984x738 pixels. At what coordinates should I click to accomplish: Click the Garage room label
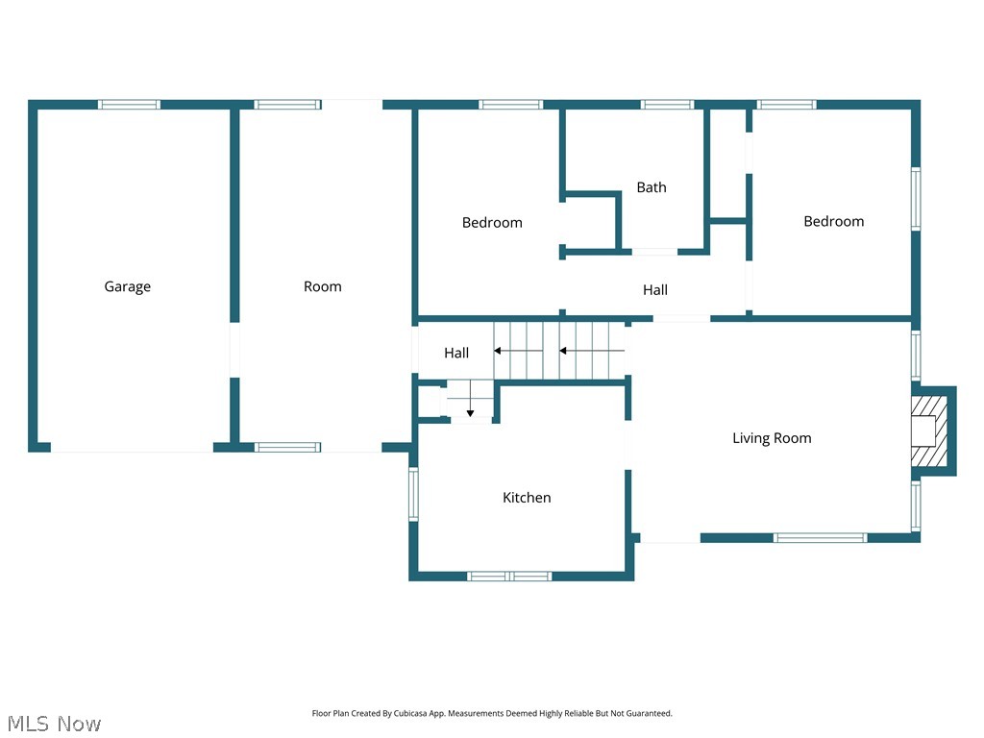click(128, 286)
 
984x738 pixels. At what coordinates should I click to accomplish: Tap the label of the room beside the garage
click(323, 286)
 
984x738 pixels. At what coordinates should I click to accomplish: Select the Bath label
click(652, 187)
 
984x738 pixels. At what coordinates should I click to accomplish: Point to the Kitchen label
click(527, 498)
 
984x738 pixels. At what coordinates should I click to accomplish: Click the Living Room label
click(772, 438)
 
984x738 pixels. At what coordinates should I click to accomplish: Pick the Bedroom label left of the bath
click(492, 223)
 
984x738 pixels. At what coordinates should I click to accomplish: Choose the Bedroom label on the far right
click(833, 221)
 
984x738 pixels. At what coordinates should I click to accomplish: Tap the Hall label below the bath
click(655, 290)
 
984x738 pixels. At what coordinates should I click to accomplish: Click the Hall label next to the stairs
click(456, 354)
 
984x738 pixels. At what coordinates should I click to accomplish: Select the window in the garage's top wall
click(129, 105)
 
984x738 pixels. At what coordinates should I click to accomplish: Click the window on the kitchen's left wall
click(414, 494)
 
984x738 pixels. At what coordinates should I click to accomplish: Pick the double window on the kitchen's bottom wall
click(509, 576)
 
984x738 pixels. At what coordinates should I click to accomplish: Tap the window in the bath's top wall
click(667, 105)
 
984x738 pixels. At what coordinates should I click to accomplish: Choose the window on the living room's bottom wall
click(821, 538)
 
